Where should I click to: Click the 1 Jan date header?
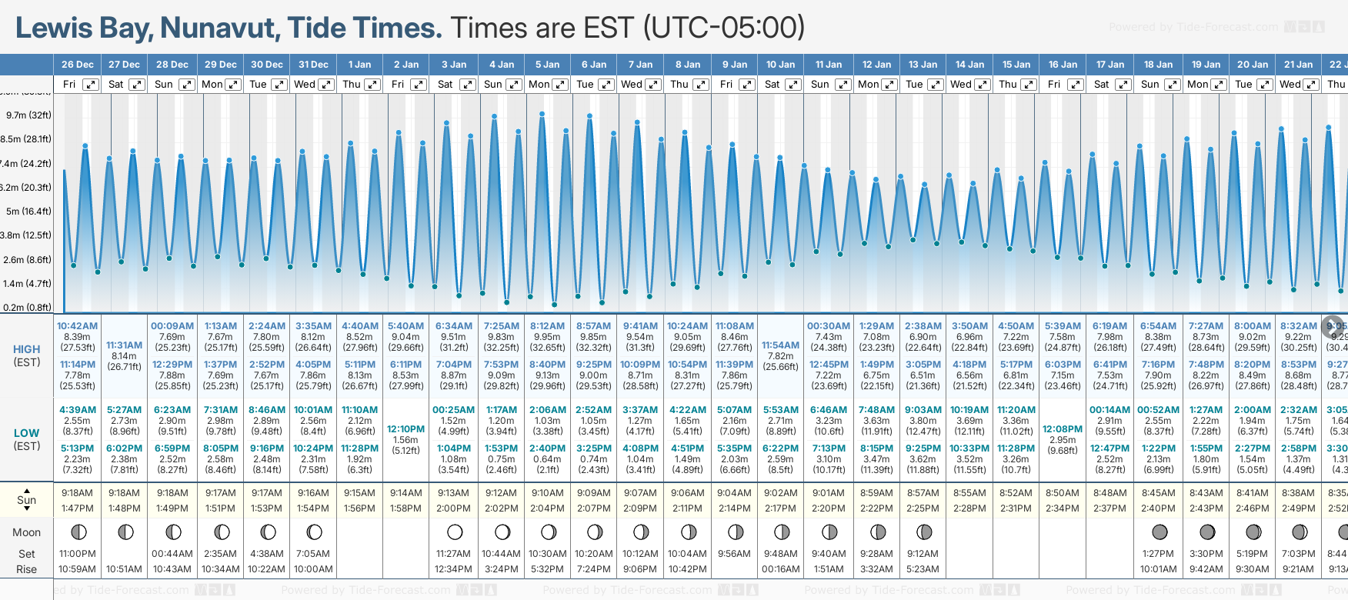pyautogui.click(x=359, y=65)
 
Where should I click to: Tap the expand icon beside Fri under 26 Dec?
pyautogui.click(x=91, y=85)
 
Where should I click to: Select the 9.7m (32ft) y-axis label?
pyautogui.click(x=29, y=115)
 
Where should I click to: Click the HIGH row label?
pyautogui.click(x=27, y=349)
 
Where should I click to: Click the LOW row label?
pyautogui.click(x=27, y=433)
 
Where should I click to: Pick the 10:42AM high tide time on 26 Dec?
pyautogui.click(x=78, y=326)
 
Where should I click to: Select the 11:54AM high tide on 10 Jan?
pyautogui.click(x=781, y=345)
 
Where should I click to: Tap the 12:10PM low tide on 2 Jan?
pyautogui.click(x=405, y=429)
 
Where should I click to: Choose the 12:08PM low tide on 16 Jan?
pyautogui.click(x=1063, y=429)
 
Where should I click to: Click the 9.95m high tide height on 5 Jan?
pyautogui.click(x=547, y=337)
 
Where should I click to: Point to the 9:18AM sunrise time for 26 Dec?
pyautogui.click(x=78, y=493)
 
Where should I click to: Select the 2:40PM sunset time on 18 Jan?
pyautogui.click(x=1158, y=508)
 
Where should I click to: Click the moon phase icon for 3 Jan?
pyautogui.click(x=455, y=532)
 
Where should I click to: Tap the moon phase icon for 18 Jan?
pyautogui.click(x=1159, y=532)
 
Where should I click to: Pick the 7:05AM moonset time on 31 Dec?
pyautogui.click(x=313, y=554)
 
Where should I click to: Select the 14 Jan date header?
pyautogui.click(x=969, y=65)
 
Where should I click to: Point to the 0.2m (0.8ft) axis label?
pyautogui.click(x=28, y=308)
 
